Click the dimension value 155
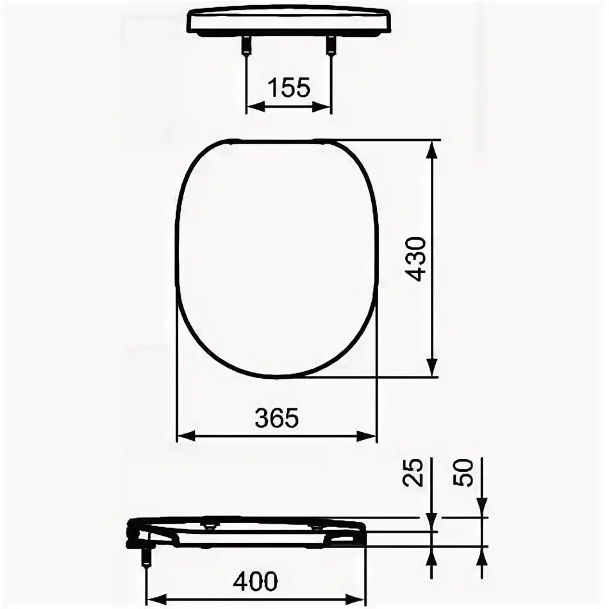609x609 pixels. coord(288,87)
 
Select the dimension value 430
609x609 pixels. coord(417,258)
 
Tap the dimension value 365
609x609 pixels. coord(276,419)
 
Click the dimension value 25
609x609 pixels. coord(417,473)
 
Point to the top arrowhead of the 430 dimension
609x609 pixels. coord(433,147)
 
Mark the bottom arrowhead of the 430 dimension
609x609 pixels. coord(433,370)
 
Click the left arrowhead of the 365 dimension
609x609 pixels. coord(184,436)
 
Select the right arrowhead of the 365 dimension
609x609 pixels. coord(369,436)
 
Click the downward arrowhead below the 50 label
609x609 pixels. coord(482,510)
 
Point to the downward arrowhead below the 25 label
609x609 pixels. coord(433,510)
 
